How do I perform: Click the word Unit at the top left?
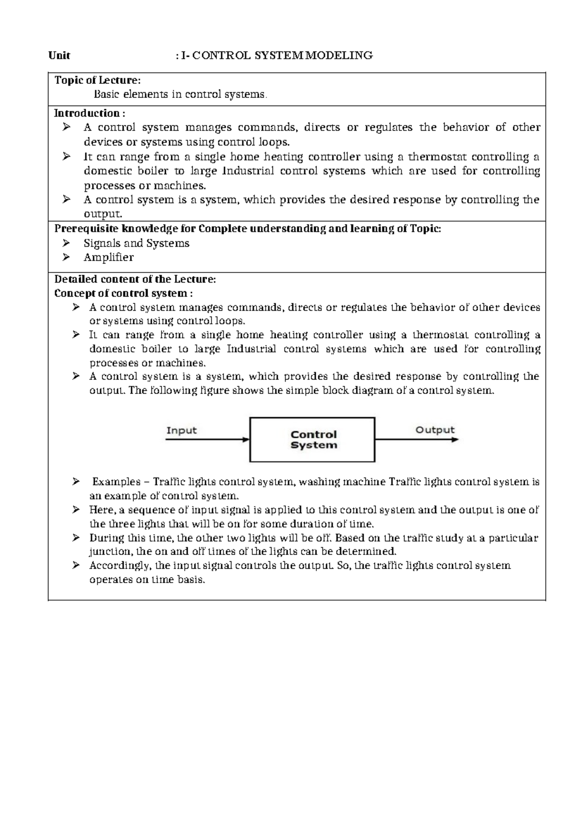coord(59,56)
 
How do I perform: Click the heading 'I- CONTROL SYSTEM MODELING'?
coord(276,56)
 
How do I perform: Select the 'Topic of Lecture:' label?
coord(97,80)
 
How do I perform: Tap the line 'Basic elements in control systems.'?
coord(180,94)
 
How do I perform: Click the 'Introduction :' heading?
coord(89,113)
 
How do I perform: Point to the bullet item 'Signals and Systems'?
coord(136,243)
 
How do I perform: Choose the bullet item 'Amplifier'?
coord(108,257)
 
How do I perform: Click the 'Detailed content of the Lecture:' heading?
coord(135,279)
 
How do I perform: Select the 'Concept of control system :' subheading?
coord(123,293)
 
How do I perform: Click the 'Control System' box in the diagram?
coord(312,440)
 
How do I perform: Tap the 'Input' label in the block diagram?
coord(181,430)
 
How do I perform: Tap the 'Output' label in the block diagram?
coord(435,430)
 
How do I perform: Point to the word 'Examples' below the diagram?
coord(116,482)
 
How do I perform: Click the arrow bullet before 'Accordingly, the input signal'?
coord(76,565)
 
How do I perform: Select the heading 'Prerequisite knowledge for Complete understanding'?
coord(247,229)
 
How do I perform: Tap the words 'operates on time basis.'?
coord(147,580)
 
